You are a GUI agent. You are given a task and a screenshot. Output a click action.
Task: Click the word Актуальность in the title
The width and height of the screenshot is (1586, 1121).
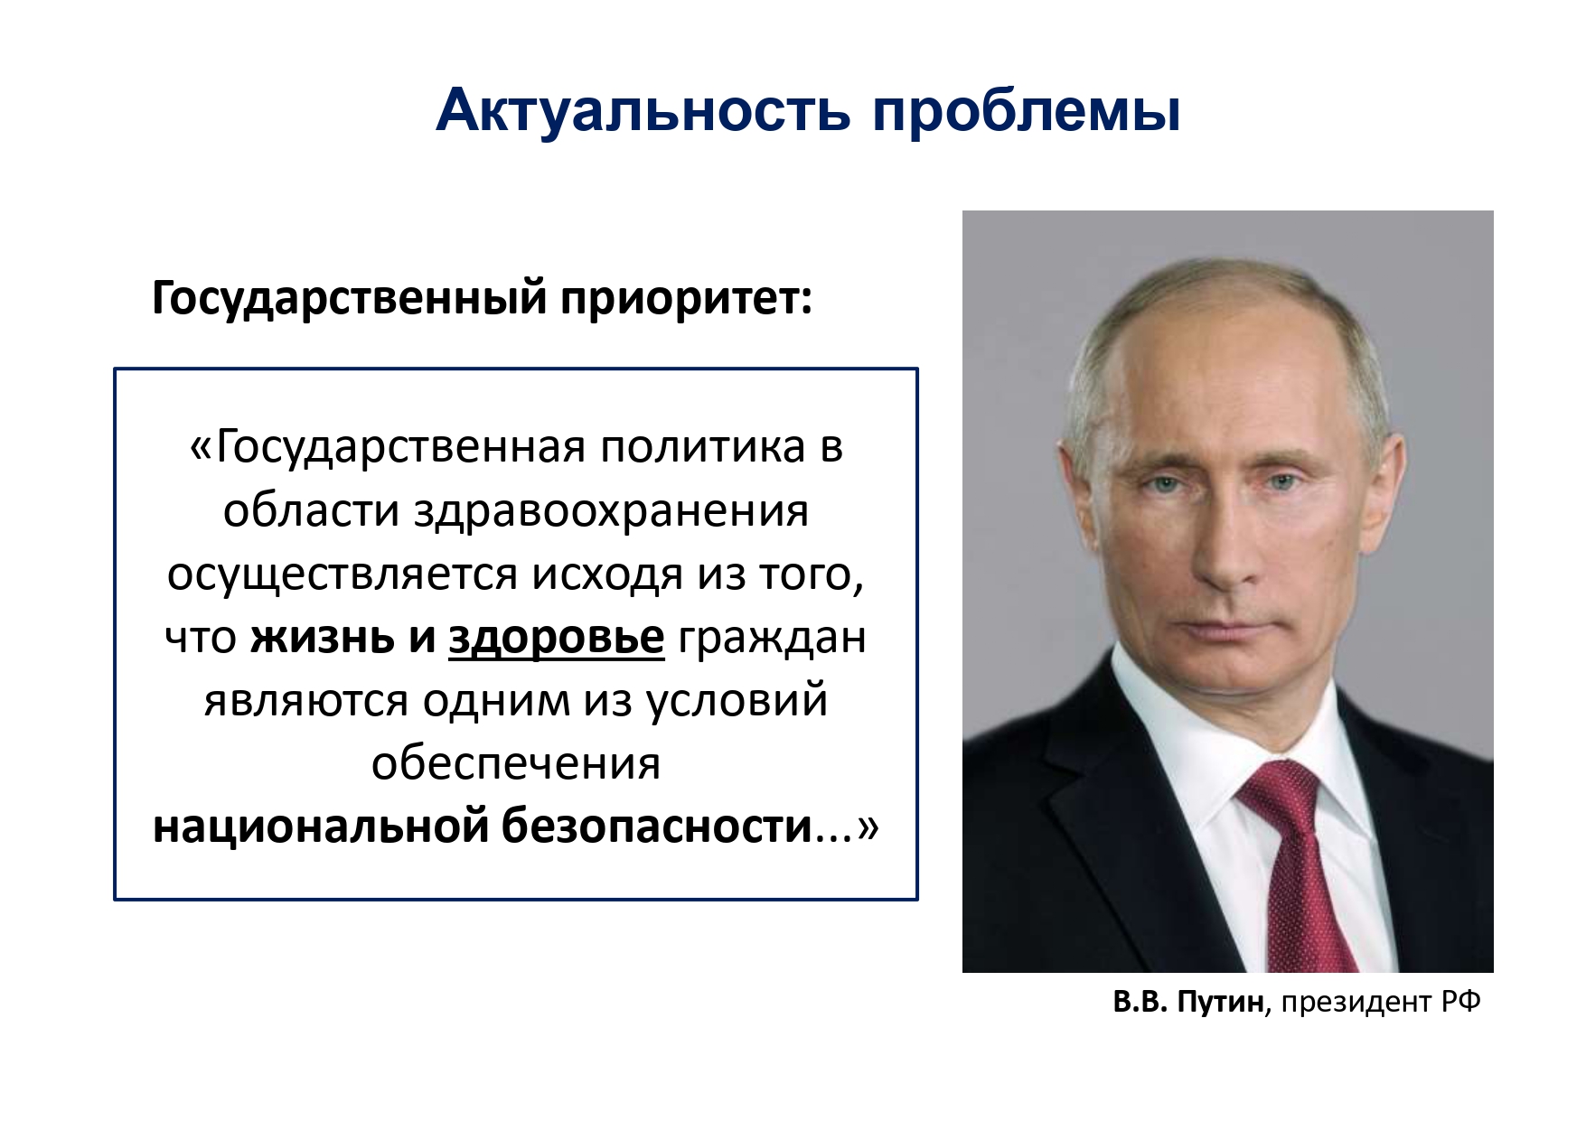pyautogui.click(x=643, y=111)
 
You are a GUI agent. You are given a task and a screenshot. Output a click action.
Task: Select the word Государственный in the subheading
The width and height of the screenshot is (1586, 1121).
pyautogui.click(x=349, y=299)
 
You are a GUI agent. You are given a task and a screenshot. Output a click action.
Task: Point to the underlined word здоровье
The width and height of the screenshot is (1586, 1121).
pyautogui.click(x=557, y=639)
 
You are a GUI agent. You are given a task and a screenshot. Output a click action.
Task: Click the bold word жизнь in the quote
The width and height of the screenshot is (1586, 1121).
pyautogui.click(x=323, y=638)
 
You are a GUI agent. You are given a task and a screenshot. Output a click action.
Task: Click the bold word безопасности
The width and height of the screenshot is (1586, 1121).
pyautogui.click(x=658, y=827)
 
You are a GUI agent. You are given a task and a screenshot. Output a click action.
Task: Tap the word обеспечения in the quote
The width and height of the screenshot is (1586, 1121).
pyautogui.click(x=516, y=764)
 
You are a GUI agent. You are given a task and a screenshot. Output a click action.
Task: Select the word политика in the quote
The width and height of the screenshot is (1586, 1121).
pyautogui.click(x=702, y=448)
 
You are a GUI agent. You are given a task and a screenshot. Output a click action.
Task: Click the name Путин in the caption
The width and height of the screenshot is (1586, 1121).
pyautogui.click(x=1220, y=1003)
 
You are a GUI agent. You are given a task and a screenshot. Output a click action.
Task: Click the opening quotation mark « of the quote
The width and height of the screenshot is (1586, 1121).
pyautogui.click(x=201, y=449)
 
